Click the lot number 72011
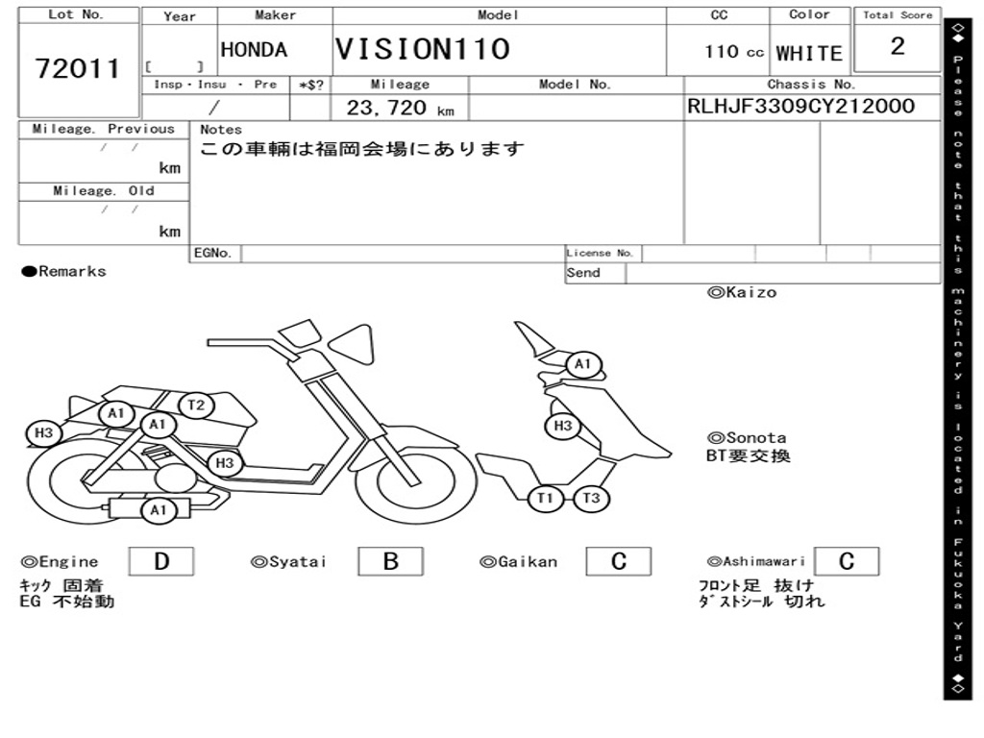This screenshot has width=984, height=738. pos(77,68)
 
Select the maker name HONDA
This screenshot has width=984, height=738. pos(254,50)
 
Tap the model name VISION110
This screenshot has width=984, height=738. pos(423,49)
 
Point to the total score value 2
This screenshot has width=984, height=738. pos(898,46)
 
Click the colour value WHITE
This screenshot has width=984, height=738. pos(809,54)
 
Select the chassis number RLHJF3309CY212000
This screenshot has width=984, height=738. pos(800,106)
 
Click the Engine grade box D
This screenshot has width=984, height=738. pos(161,561)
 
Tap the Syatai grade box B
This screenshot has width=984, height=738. pos(390,561)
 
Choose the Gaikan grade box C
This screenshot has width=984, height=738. pos(619,561)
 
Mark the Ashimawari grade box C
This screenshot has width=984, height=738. pos(847,561)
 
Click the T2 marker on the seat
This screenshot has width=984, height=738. pos(196,405)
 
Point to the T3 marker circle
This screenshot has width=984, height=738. pos(591,499)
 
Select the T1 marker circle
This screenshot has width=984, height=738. pos(545,499)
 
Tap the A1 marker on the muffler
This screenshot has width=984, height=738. pos(159,510)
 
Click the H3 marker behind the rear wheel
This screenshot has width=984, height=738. pos(43,433)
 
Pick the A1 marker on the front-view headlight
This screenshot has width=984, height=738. pos(583,364)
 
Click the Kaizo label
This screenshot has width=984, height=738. pos(742,292)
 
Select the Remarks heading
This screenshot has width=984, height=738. pos(64,271)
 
